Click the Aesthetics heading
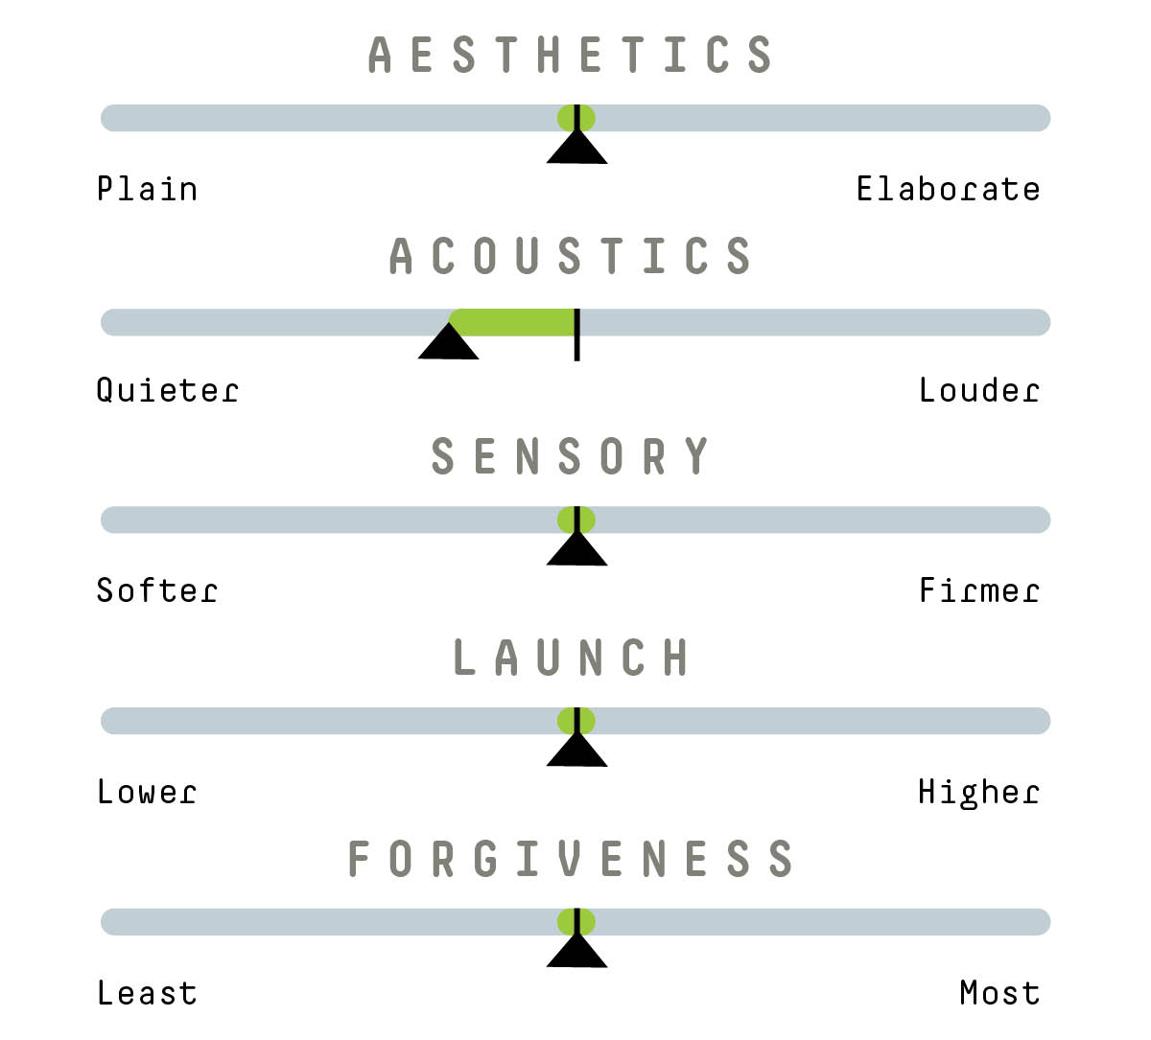point(571,55)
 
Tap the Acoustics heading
point(571,256)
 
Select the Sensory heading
point(571,456)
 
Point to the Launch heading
point(571,658)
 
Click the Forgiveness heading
point(571,859)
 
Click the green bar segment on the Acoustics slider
point(513,322)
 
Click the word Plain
point(147,189)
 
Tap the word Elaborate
point(948,189)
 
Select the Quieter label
point(167,390)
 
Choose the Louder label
point(978,390)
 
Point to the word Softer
point(156,590)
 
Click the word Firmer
point(978,590)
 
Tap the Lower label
point(147,792)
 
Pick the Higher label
point(978,792)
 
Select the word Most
point(999,993)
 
